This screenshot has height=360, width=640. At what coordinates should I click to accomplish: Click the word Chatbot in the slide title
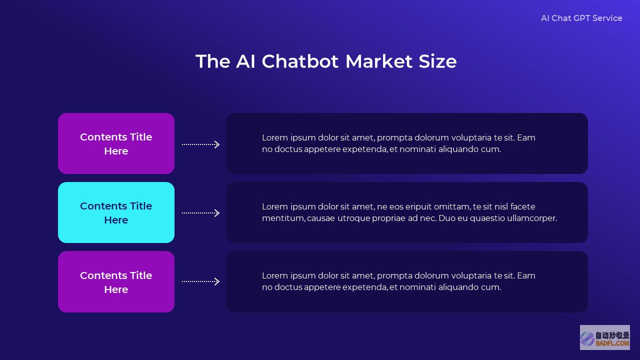(x=300, y=61)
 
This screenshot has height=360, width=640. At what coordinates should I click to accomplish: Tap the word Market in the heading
(x=379, y=61)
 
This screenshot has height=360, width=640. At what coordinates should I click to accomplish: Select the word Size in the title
(x=437, y=61)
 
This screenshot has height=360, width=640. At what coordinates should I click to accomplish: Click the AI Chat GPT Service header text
(x=581, y=18)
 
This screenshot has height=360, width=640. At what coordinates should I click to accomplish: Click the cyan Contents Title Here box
(x=116, y=212)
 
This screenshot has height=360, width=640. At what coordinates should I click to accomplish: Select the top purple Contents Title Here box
(x=116, y=143)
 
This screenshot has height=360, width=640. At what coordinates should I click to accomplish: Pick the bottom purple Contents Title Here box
(x=116, y=281)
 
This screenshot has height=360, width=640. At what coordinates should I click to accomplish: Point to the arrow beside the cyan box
(x=200, y=213)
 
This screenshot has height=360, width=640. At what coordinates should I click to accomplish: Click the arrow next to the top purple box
(x=200, y=144)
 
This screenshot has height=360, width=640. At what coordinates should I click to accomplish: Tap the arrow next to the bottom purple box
(x=200, y=281)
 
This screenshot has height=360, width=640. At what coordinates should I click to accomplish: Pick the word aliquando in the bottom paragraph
(x=458, y=287)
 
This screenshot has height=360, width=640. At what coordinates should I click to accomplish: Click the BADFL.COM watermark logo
(x=605, y=337)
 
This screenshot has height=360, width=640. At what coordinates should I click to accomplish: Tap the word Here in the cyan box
(x=116, y=220)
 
